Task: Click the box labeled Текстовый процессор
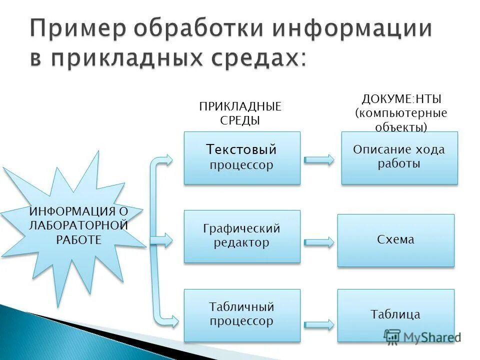click(242, 157)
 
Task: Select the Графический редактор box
click(242, 236)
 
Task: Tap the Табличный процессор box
click(242, 315)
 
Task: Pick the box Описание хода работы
click(399, 157)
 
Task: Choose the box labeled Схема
click(395, 240)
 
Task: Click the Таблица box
click(395, 315)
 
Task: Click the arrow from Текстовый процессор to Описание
click(319, 160)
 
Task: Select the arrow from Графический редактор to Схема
click(319, 242)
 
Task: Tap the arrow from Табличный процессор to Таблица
click(319, 323)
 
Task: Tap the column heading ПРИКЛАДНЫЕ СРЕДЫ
click(240, 113)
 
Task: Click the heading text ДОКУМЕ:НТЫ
click(401, 99)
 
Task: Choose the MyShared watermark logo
click(422, 336)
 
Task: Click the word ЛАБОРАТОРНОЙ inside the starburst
click(78, 225)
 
